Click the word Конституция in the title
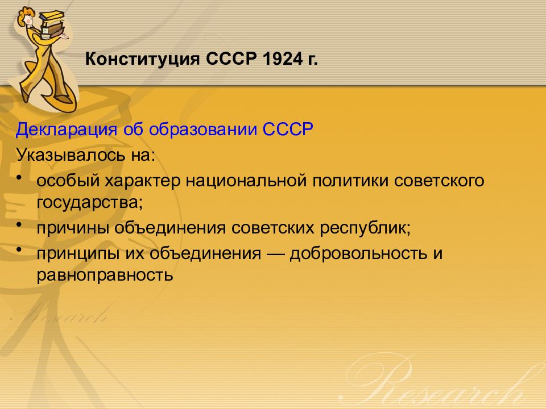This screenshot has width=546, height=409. (x=142, y=59)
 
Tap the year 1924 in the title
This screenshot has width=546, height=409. (x=283, y=59)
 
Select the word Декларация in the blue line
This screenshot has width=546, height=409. (x=66, y=130)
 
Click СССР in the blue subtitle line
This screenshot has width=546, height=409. (x=288, y=129)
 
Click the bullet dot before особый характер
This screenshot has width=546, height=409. (x=19, y=177)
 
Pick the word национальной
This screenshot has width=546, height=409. (x=246, y=181)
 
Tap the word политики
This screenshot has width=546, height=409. (x=350, y=181)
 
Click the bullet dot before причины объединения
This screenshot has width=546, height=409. (x=19, y=225)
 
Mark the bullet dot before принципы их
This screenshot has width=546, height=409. (x=19, y=249)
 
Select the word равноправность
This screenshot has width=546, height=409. (x=105, y=276)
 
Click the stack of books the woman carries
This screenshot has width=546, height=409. (x=52, y=23)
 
